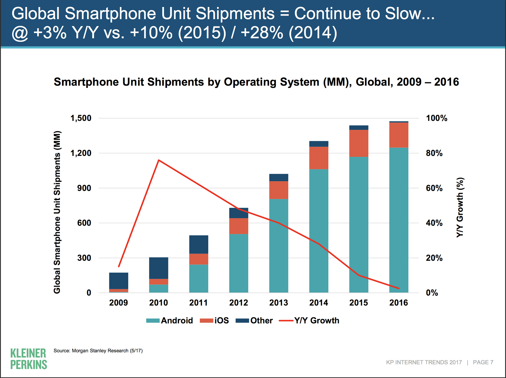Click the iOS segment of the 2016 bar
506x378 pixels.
coord(399,135)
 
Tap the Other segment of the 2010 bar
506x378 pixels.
coord(158,268)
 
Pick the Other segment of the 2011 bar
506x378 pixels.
coord(199,244)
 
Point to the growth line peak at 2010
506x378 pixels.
coord(159,160)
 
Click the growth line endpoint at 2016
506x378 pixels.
coord(399,288)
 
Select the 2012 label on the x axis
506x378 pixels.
coord(238,303)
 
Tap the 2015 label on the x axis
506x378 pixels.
coord(359,303)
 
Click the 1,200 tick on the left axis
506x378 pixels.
coord(81,153)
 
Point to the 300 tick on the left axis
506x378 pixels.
coord(84,258)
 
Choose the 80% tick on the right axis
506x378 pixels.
coord(434,153)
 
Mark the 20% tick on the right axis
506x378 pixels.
coord(434,258)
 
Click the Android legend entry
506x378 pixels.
coord(170,320)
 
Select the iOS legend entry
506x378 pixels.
coord(214,320)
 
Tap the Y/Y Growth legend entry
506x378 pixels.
coord(309,320)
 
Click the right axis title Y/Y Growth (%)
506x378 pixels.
coord(460,207)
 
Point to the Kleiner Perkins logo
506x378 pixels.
coord(28,359)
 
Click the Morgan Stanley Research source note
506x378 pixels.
coord(98,351)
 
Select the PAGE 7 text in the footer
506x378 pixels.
coord(483,362)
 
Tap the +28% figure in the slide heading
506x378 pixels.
coord(262,33)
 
